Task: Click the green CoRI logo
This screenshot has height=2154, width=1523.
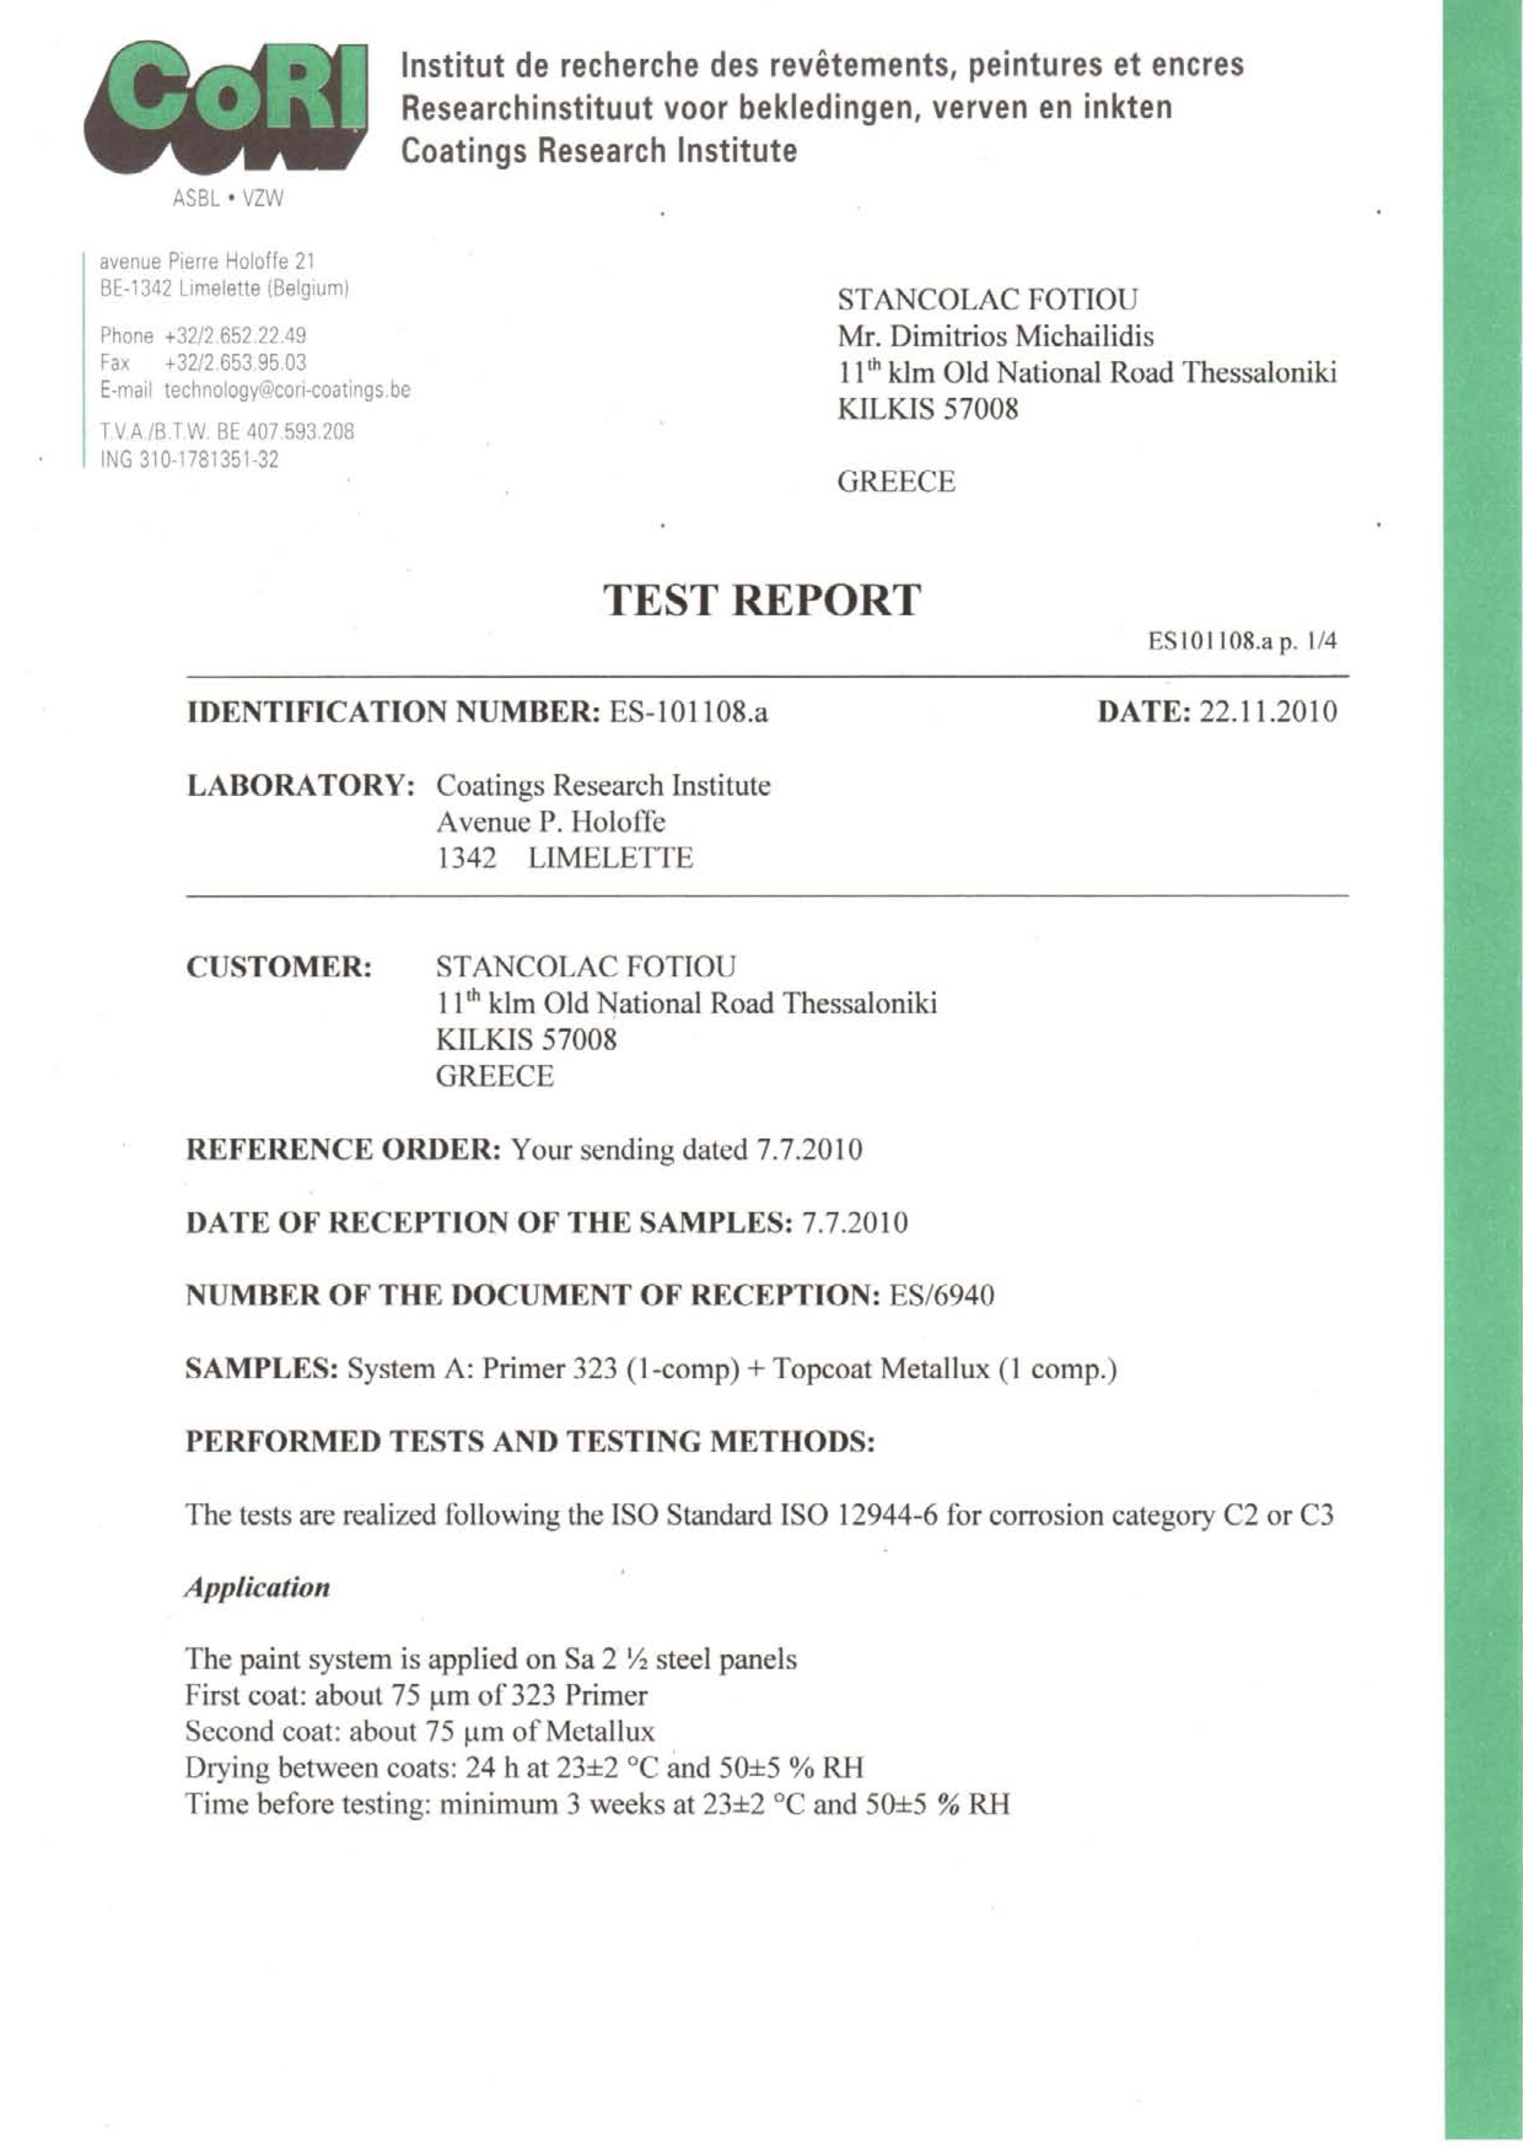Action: click(x=225, y=105)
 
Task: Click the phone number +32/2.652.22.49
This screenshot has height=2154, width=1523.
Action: click(x=235, y=336)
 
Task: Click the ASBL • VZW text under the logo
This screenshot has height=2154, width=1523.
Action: click(x=228, y=199)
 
